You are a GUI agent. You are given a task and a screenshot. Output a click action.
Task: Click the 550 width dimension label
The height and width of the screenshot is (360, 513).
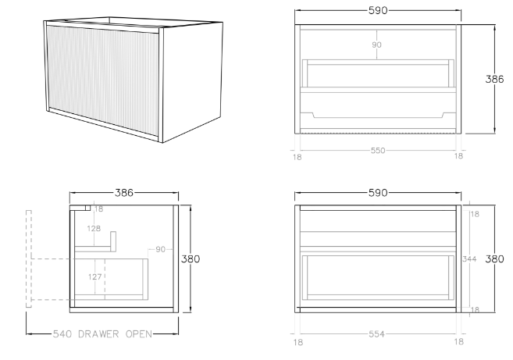378,151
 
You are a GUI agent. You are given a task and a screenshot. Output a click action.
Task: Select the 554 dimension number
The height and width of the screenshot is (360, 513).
376,334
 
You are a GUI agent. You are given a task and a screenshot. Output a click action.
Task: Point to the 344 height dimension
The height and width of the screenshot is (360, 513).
469,259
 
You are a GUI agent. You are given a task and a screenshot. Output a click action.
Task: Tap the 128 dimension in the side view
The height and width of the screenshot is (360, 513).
94,229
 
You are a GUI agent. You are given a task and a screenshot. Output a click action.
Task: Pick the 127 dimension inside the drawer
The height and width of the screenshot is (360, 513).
95,277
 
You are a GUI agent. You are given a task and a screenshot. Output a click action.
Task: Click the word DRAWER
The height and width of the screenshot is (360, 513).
98,334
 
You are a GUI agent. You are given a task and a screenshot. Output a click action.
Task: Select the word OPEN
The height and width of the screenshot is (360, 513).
139,334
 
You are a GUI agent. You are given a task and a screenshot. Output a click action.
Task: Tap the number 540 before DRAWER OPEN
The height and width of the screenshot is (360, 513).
62,334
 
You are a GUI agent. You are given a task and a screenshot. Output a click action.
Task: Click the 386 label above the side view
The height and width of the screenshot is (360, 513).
124,193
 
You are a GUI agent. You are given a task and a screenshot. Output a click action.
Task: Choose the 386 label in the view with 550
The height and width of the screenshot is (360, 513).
494,79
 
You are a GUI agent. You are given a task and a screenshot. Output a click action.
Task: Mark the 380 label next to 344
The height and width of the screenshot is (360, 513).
494,259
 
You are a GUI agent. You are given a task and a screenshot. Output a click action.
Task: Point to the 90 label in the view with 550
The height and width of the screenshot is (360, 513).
376,45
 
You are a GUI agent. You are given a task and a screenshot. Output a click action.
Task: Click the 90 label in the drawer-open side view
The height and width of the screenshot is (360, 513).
160,249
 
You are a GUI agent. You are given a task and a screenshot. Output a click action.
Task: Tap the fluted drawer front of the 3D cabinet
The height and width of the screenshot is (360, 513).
103,80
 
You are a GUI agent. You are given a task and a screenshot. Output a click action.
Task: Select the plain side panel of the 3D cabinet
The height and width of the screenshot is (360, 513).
192,82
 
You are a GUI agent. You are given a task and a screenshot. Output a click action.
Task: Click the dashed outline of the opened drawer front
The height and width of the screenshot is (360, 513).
29,259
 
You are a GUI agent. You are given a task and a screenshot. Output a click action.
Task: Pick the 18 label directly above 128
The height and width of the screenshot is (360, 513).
98,209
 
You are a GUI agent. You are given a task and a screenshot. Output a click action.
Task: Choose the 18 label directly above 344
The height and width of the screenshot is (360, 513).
475,214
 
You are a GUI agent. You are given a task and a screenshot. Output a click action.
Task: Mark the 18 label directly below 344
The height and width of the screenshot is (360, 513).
475,309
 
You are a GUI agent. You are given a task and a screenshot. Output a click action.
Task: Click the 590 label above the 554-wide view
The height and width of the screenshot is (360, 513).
378,193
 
